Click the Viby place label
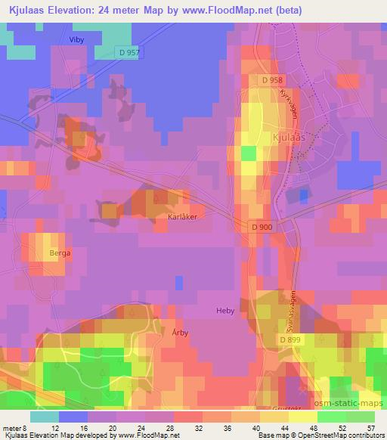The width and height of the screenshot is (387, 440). coord(76,40)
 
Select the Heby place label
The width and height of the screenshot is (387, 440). coord(227,311)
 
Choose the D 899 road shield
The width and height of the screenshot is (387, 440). coord(289,340)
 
